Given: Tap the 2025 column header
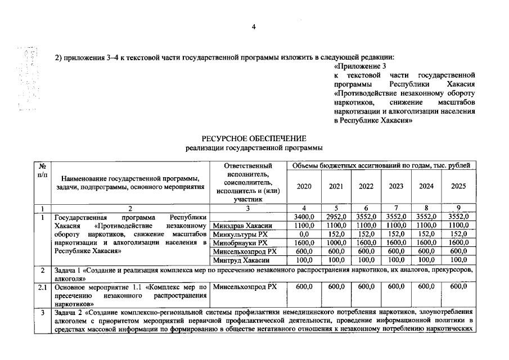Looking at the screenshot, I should point(459,186).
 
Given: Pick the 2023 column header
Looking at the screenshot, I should point(396,186).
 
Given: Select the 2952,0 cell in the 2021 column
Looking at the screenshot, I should point(335,217).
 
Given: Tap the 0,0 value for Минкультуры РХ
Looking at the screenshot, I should point(304,234).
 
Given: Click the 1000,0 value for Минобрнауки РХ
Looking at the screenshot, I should point(335,243).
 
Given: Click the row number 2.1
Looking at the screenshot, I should point(42,287).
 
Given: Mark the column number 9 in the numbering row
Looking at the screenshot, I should point(459,208).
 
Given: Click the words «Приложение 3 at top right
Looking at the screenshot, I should point(353,66).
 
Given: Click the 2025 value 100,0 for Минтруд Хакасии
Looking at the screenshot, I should point(459,260).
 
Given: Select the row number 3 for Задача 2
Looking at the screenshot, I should point(42,312).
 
